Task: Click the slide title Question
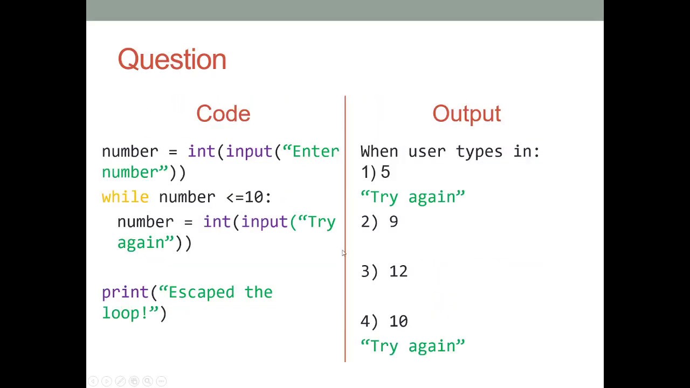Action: [x=172, y=59]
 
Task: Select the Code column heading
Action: [x=223, y=114]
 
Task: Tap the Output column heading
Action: [x=466, y=114]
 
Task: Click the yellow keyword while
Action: [x=125, y=197]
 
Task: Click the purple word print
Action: [x=126, y=293]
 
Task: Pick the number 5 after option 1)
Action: [x=385, y=172]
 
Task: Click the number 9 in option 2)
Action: [x=394, y=222]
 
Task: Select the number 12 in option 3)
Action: [x=398, y=272]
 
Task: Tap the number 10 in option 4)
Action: [x=398, y=321]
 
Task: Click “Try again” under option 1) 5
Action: [x=412, y=197]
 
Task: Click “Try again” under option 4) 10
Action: [x=412, y=346]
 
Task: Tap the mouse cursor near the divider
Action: [x=343, y=253]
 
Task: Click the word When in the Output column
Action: [x=379, y=151]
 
